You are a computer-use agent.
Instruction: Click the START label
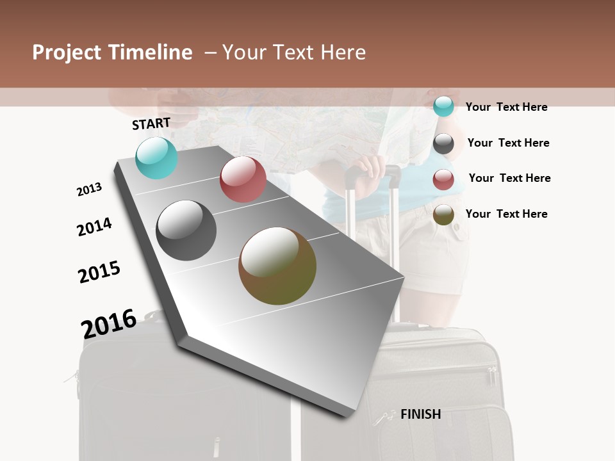click(151, 124)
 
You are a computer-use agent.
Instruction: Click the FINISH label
click(421, 414)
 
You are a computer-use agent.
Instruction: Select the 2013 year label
click(89, 190)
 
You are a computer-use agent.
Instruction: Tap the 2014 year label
click(94, 227)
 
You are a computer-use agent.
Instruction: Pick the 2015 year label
click(99, 271)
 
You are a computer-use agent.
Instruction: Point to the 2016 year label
click(109, 323)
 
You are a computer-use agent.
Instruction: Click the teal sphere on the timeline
click(157, 158)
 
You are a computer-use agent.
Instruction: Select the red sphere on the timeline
click(243, 179)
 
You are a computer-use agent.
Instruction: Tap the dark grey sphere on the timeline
click(186, 230)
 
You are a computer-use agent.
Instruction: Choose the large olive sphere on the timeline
click(277, 266)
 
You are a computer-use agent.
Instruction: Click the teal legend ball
click(443, 106)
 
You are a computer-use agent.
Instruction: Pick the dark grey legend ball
click(443, 143)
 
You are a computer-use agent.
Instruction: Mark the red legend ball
click(443, 179)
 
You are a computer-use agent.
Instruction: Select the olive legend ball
click(443, 215)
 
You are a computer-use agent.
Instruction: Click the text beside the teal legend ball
click(506, 107)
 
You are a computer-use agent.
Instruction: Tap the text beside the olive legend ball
click(506, 214)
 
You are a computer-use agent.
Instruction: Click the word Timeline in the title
click(149, 53)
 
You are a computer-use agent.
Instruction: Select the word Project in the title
click(67, 53)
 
